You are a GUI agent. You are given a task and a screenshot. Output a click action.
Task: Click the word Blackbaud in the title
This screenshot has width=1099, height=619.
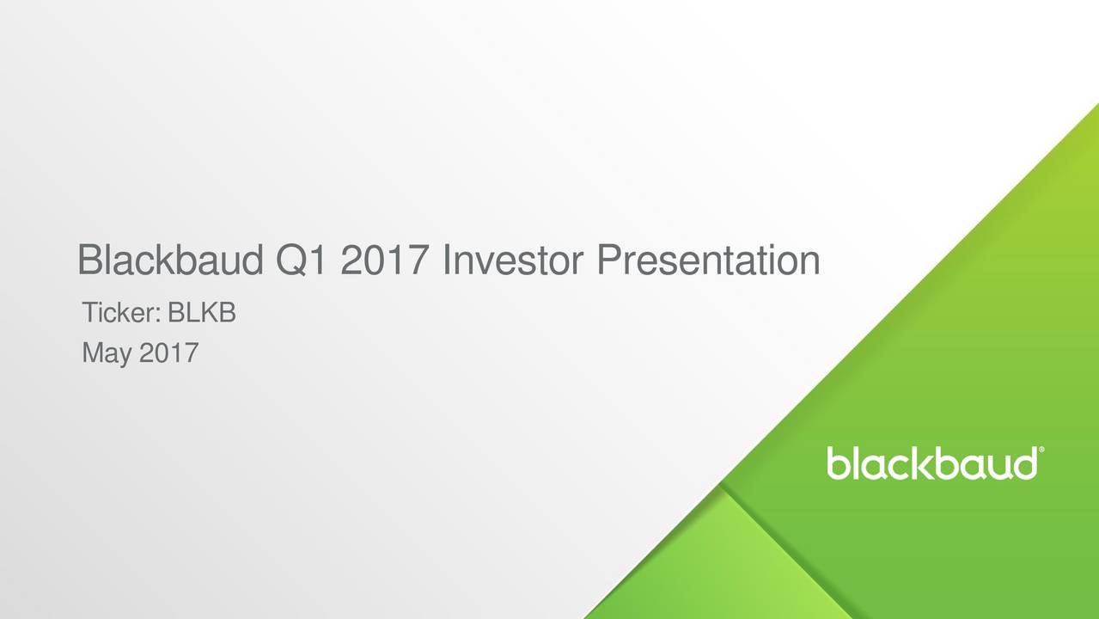[x=170, y=260]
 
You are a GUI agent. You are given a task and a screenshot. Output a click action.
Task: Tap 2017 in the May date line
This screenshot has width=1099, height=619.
[x=168, y=352]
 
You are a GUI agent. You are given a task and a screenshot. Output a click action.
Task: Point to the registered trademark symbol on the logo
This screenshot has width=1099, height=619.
[x=1042, y=450]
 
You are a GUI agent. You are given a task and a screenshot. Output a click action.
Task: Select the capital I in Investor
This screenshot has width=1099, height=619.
[x=447, y=260]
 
